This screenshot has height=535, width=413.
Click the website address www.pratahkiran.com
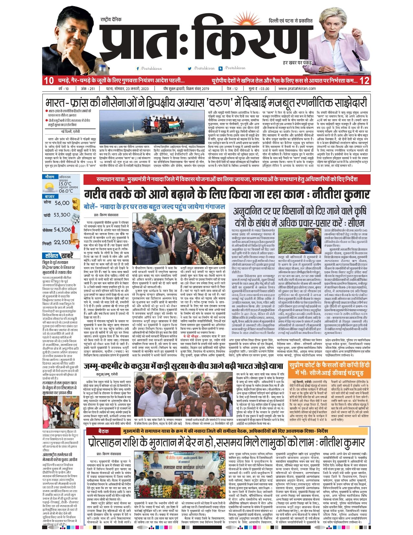297,89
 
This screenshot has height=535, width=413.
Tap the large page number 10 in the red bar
49,81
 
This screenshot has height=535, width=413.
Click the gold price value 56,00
62,203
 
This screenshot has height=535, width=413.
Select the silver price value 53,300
62,215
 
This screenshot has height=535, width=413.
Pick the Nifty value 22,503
62,242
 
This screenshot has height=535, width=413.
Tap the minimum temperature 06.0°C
66,191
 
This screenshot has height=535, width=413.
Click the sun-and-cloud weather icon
50,186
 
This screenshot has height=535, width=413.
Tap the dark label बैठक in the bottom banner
103,431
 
